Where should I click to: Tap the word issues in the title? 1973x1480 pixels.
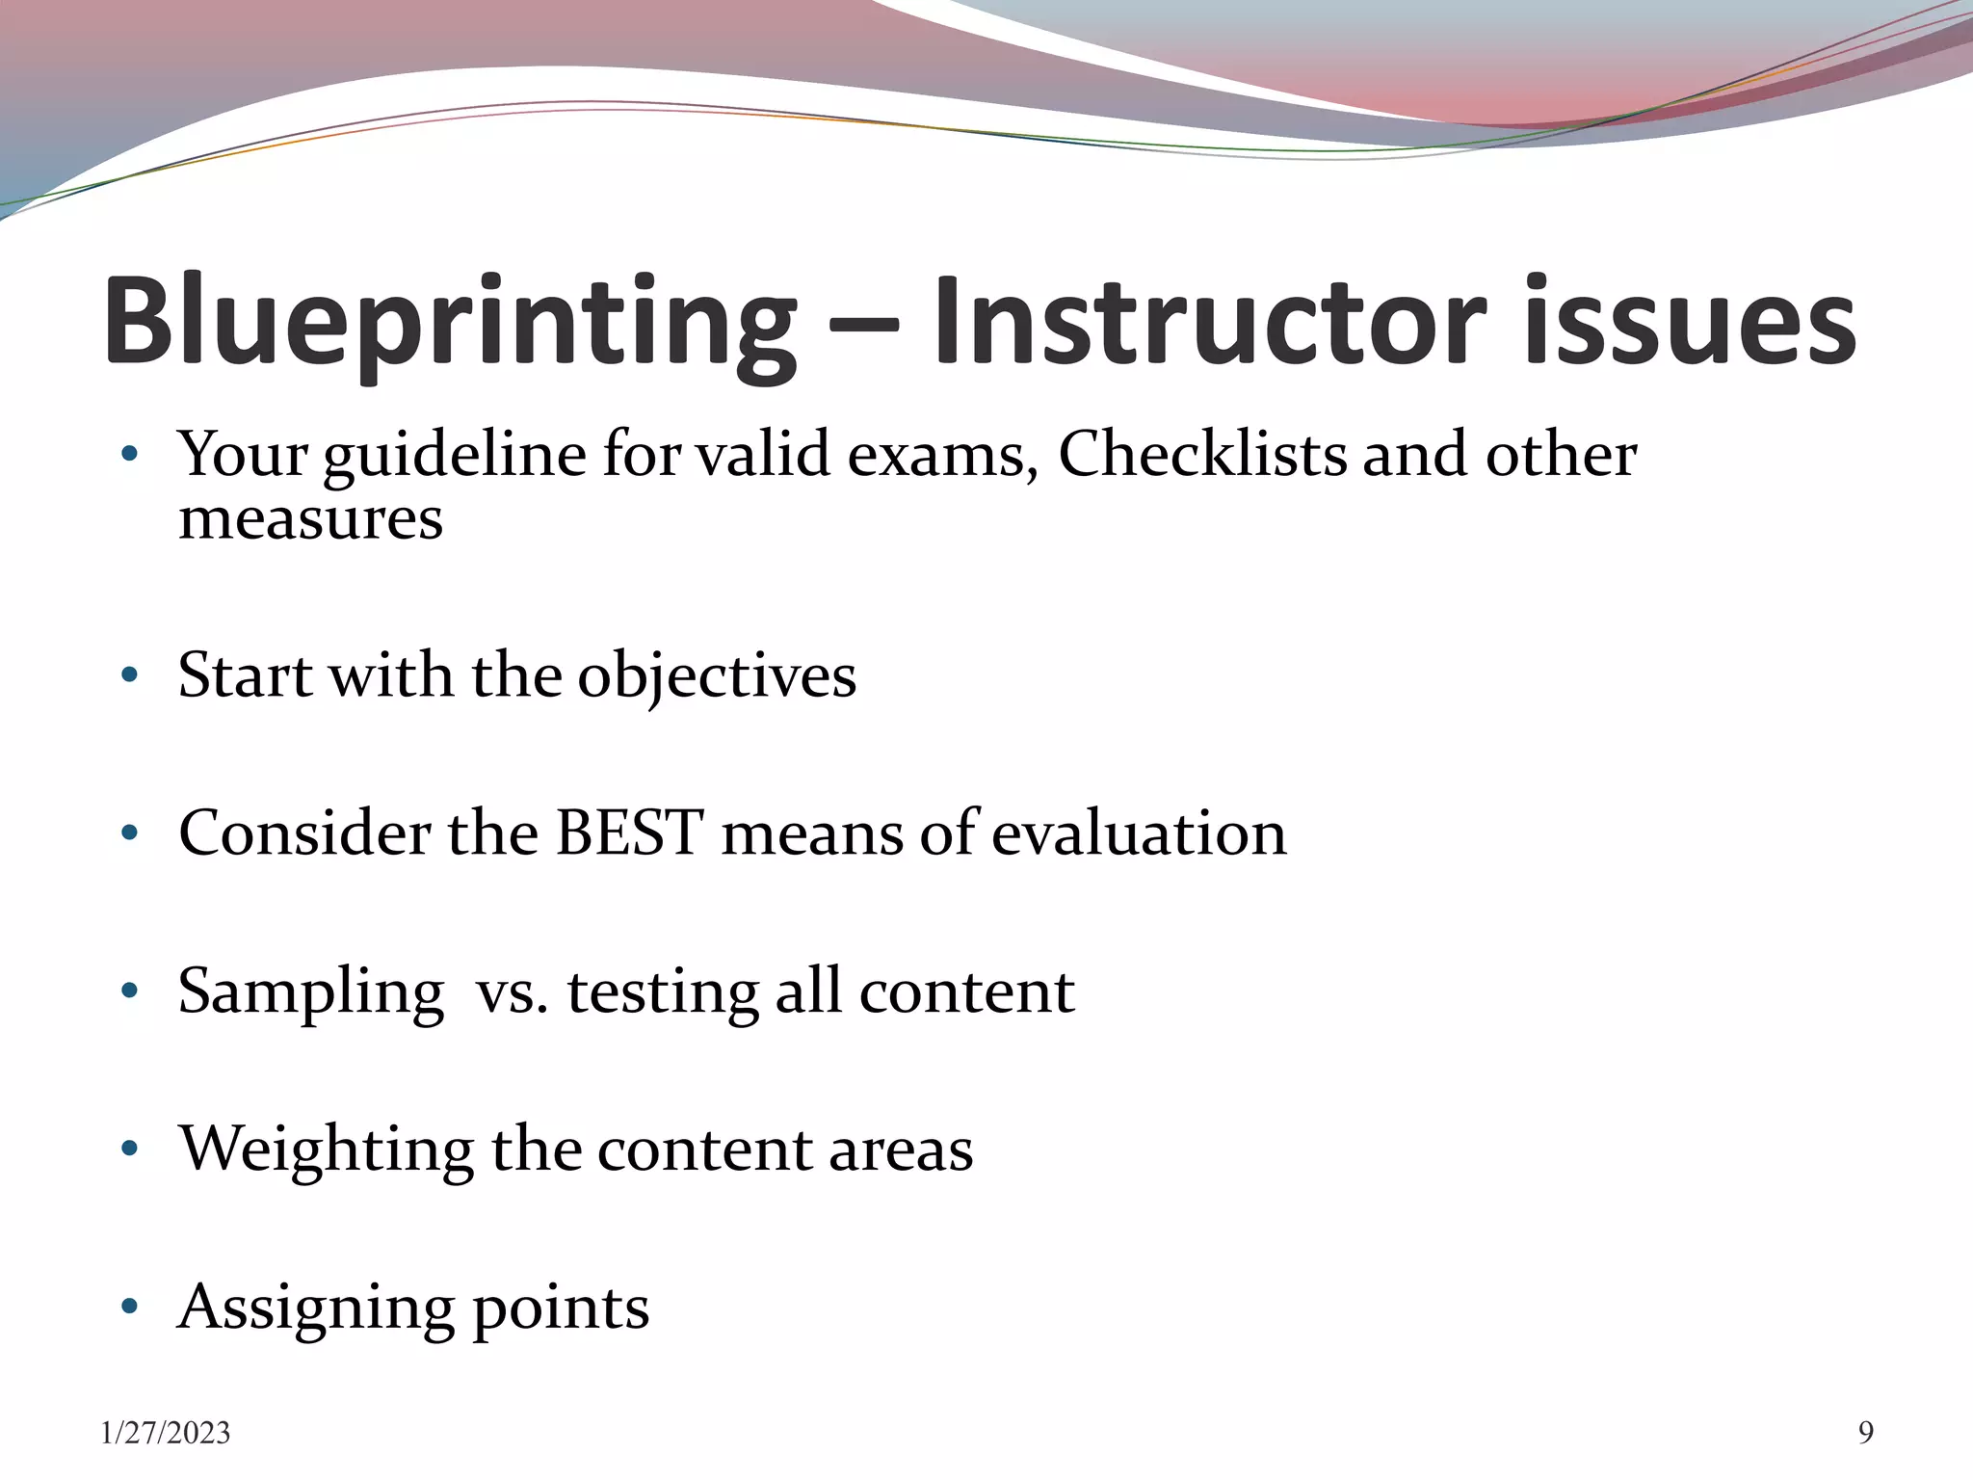(x=1690, y=323)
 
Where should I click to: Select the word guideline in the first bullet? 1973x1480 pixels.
(x=454, y=455)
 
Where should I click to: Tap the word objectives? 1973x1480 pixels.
(x=716, y=676)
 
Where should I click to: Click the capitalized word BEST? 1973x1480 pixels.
(x=630, y=832)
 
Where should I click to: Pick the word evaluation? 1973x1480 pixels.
(x=1139, y=833)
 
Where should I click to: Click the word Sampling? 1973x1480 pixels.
(x=310, y=992)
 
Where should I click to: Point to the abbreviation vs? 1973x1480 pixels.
(x=512, y=992)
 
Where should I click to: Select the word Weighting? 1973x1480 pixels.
(x=326, y=1150)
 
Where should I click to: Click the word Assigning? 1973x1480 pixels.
(x=316, y=1308)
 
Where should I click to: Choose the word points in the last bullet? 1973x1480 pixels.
(x=561, y=1308)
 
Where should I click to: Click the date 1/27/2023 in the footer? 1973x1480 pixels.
(x=166, y=1434)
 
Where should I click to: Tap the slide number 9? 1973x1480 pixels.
(x=1866, y=1434)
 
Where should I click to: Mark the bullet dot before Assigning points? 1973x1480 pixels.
(x=130, y=1307)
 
